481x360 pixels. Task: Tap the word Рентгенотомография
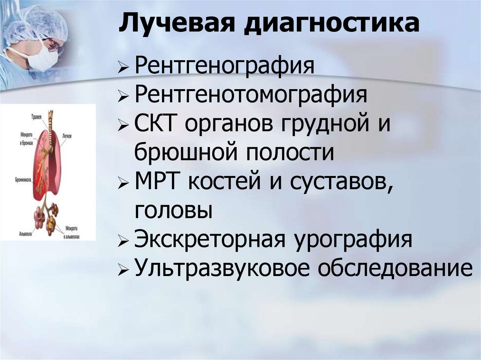[x=250, y=96]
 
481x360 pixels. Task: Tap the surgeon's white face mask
[x=44, y=61]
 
